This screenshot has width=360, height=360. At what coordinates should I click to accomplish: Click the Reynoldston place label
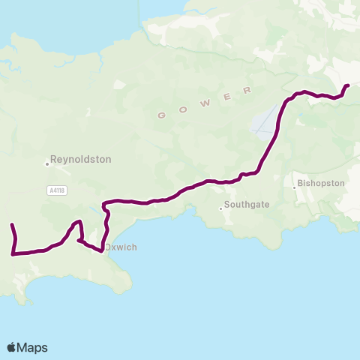80,160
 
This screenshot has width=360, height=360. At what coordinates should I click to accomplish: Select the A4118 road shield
56,191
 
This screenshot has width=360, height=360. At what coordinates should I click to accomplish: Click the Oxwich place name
120,247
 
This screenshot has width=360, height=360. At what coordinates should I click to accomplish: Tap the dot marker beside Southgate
221,208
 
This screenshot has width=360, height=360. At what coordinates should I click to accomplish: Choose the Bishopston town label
321,183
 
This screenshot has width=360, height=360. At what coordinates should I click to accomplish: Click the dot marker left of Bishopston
295,187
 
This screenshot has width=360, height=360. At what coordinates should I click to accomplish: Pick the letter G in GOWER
160,115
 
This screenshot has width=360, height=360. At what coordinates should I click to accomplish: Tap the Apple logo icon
11,347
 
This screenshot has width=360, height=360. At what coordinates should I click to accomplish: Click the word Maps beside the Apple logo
32,347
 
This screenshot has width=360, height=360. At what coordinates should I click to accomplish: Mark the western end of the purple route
11,225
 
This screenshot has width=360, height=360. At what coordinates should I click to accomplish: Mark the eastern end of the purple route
348,85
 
